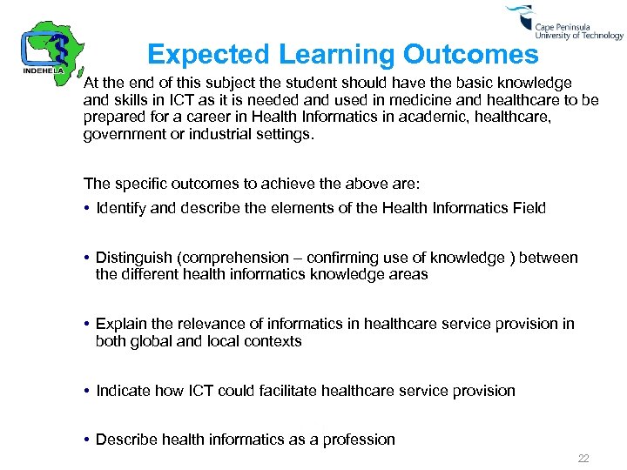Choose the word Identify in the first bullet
(x=122, y=207)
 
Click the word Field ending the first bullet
(x=528, y=207)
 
